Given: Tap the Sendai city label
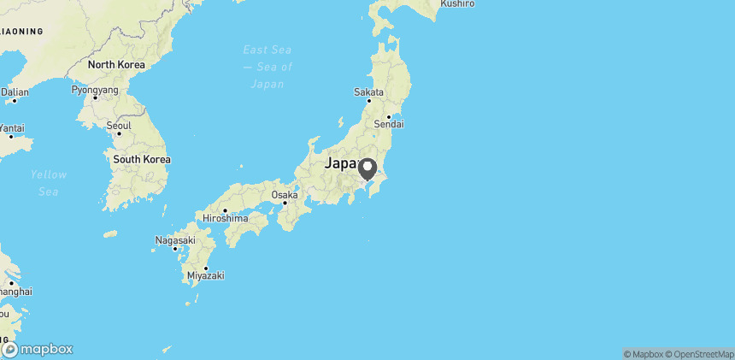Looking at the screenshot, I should click(390, 125).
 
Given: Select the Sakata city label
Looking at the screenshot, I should click(369, 92).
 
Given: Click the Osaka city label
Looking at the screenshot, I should click(285, 195).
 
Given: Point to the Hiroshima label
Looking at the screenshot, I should click(225, 218).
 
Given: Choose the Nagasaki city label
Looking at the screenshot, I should click(175, 240).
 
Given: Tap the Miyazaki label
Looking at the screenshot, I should click(205, 275).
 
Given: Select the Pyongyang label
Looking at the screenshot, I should click(95, 89).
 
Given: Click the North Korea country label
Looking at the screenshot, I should click(116, 65).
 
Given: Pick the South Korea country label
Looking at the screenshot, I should click(142, 159).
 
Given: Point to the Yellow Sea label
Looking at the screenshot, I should click(49, 182).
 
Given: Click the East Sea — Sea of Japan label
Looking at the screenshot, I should click(268, 67).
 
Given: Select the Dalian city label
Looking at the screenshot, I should click(15, 91).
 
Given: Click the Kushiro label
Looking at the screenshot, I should click(457, 4).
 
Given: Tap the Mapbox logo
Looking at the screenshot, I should click(38, 349).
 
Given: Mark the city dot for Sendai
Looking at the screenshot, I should click(389, 116).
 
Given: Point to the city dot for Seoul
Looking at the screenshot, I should click(119, 133).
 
